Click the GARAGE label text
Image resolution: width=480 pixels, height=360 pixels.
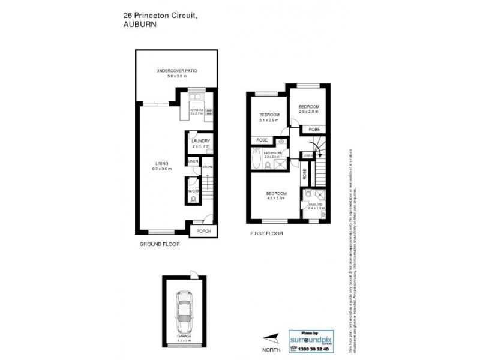click(184, 336)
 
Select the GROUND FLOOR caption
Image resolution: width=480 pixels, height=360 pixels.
click(160, 244)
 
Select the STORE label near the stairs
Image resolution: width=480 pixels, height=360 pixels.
click(208, 166)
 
